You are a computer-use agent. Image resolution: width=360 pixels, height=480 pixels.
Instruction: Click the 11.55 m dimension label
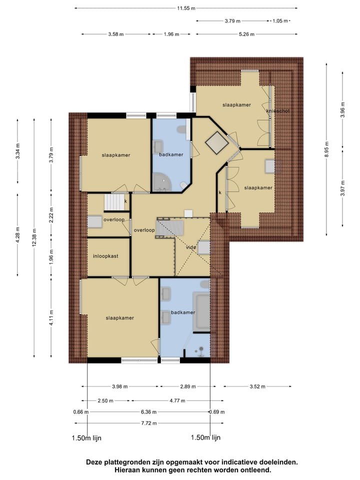[186, 8]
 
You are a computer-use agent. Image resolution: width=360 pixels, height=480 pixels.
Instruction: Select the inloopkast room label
[105, 256]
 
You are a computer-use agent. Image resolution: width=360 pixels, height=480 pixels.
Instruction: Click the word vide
[190, 247]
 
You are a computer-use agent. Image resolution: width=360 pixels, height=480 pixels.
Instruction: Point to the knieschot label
[278, 111]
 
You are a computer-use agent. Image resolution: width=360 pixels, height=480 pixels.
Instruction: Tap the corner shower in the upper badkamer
[162, 181]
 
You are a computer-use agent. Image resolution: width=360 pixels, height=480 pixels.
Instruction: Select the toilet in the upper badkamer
[182, 131]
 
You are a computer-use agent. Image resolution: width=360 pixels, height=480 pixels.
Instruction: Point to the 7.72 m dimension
[148, 423]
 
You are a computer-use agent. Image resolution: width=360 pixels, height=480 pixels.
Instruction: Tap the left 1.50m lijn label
[87, 437]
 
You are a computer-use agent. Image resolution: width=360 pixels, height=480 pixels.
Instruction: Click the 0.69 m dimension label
[216, 412]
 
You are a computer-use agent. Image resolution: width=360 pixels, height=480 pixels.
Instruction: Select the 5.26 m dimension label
[246, 34]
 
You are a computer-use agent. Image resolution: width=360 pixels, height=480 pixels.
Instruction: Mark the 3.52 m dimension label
[257, 386]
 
